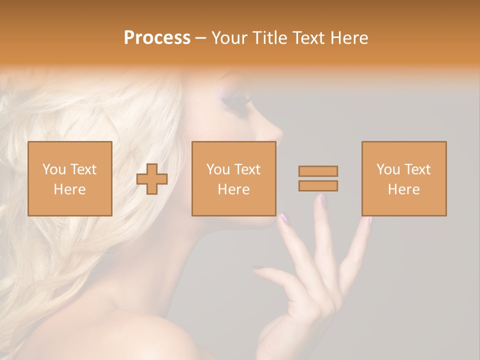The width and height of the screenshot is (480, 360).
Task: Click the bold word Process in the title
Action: (x=157, y=38)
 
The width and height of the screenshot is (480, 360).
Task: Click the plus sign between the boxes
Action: (x=152, y=179)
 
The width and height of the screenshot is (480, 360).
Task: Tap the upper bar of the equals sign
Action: (x=318, y=171)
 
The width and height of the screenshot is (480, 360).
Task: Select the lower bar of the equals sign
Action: (x=318, y=186)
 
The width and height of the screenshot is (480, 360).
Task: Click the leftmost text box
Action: (x=70, y=178)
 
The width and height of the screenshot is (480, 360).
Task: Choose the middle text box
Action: (x=233, y=178)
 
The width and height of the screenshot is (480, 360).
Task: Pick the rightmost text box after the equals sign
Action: (x=403, y=178)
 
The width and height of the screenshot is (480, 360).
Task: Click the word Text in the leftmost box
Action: (x=83, y=169)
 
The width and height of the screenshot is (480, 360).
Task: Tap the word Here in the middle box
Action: (x=233, y=189)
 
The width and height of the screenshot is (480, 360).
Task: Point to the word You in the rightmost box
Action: (x=387, y=169)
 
